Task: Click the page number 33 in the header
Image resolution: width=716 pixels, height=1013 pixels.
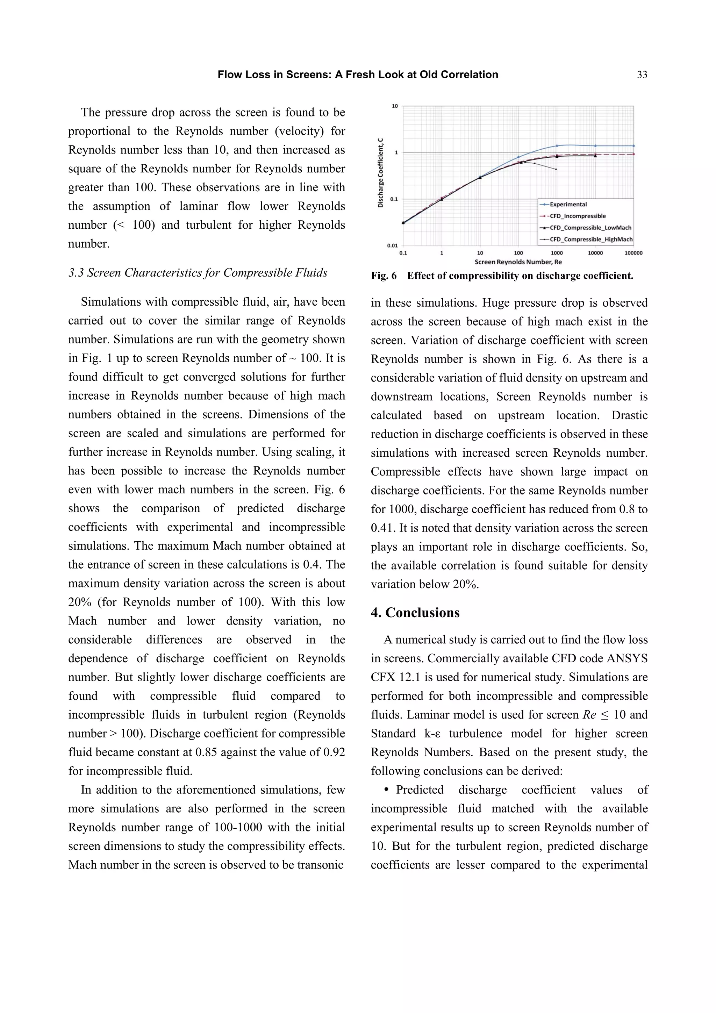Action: coord(642,75)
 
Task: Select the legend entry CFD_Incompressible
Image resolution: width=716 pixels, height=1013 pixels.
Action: coord(578,216)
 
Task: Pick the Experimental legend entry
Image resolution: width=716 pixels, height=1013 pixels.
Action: coord(568,204)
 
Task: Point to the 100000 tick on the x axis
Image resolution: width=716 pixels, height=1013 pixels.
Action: coord(633,253)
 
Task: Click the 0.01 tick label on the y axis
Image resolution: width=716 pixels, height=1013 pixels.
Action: coord(392,246)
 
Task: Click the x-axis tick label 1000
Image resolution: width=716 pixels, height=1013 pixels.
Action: coord(557,253)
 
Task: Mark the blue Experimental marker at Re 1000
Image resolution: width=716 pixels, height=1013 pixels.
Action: coord(557,145)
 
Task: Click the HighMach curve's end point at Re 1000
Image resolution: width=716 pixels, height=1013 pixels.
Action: coord(556,170)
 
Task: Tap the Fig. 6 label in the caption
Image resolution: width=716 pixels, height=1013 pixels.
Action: coord(384,276)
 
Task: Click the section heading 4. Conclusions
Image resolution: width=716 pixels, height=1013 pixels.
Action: coord(415,613)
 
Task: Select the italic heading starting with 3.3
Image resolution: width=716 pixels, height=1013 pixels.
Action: coord(198,273)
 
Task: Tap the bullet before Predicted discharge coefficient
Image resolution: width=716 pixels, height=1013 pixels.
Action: coord(387,790)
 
